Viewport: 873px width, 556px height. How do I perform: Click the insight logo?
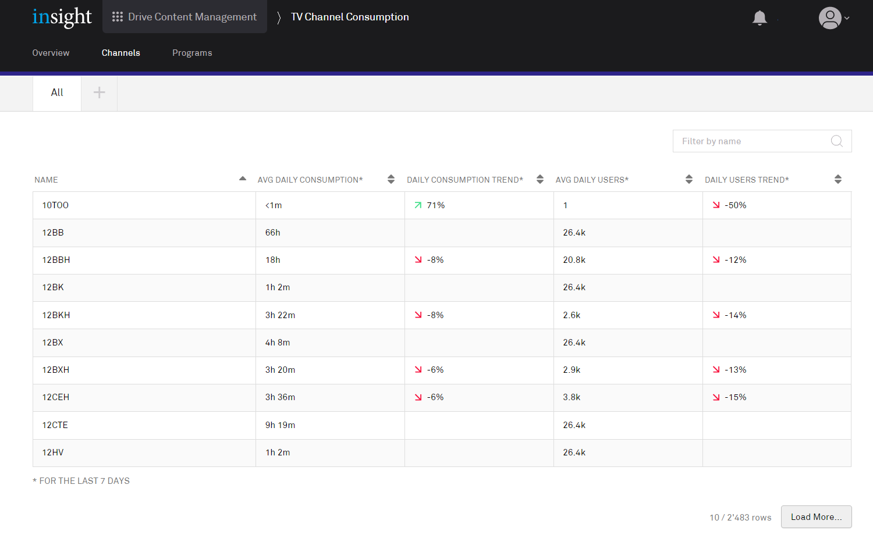pos(62,17)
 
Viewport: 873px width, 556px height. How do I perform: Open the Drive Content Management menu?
pos(184,17)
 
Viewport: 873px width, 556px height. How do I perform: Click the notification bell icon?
pos(760,18)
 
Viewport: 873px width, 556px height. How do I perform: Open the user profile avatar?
pos(831,18)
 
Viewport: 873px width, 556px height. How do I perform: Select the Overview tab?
pos(51,53)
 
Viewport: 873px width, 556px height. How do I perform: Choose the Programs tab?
pos(192,53)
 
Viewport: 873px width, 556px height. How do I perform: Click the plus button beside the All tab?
pos(100,92)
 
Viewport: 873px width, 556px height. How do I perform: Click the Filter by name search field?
pos(751,141)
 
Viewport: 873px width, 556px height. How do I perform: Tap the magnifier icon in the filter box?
pos(837,141)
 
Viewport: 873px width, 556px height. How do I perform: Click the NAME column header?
pos(47,180)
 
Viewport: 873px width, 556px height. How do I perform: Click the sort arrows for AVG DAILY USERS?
pos(689,179)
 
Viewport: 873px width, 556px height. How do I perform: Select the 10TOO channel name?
pos(55,205)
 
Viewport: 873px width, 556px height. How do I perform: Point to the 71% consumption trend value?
pos(435,205)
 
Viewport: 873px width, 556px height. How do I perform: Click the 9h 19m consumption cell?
pos(280,425)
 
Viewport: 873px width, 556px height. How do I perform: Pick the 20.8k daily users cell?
pos(574,260)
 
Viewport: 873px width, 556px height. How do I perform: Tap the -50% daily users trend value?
pos(735,205)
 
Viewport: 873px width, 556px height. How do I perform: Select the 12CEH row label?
pos(56,397)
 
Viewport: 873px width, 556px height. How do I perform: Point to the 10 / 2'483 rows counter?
pos(740,518)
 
